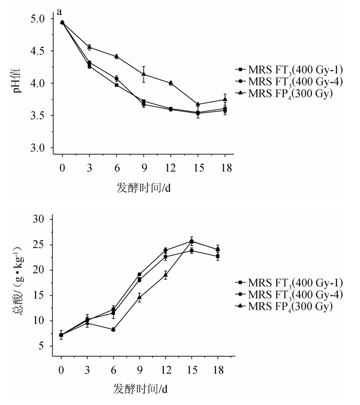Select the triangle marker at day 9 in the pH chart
pos(144,74)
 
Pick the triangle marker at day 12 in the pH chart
pos(171,83)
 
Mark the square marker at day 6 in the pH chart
pos(116,85)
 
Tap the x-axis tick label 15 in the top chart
pos(198,169)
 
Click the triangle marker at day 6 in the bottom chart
pos(113,329)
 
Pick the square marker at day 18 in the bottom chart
pos(218,256)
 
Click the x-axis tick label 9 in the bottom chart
pos(139,371)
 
